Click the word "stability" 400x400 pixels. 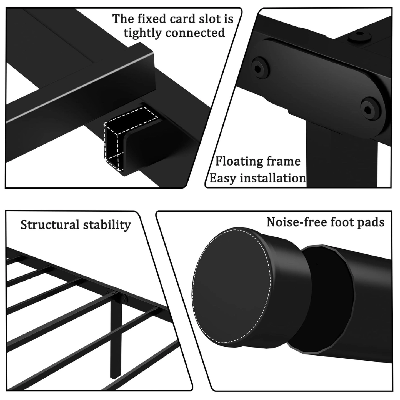click(109, 225)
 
